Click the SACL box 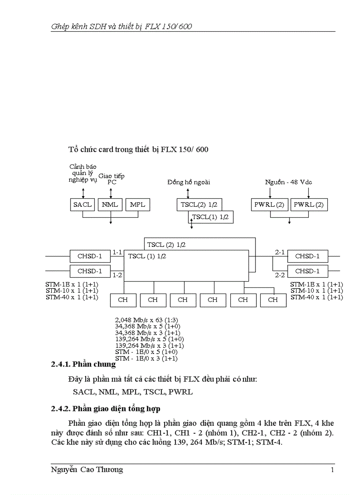click(x=82, y=205)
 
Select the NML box click(x=110, y=205)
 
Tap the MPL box click(x=138, y=205)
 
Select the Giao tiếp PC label click(x=111, y=179)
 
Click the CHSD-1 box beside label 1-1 click(x=90, y=256)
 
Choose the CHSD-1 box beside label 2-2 click(x=307, y=271)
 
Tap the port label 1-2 click(x=117, y=275)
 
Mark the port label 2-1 click(x=280, y=252)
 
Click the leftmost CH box click(x=123, y=300)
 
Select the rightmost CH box click(x=273, y=300)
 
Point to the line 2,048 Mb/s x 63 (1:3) click(x=146, y=320)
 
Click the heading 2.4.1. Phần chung click(x=83, y=364)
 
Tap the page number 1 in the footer click(x=332, y=470)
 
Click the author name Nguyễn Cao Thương click(x=87, y=470)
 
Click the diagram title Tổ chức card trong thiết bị click(x=138, y=149)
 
